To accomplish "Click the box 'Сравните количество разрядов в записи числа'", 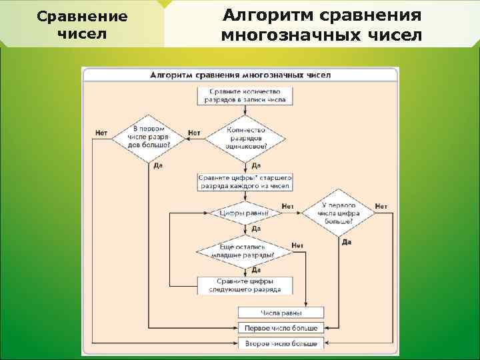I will (247, 95).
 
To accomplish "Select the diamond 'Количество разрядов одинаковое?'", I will (246, 139).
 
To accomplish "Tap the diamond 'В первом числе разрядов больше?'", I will (147, 137).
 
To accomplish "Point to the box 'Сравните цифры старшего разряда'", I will (245, 183).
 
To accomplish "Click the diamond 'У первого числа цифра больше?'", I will (339, 213).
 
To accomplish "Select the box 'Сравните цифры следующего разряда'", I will (245, 285).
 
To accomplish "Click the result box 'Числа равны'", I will (281, 313).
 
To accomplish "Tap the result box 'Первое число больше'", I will (281, 328).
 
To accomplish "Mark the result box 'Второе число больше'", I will (281, 343).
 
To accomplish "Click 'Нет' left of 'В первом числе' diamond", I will (101, 133).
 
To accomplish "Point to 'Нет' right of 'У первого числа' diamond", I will (381, 207).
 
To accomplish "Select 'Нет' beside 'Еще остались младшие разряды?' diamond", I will (297, 245).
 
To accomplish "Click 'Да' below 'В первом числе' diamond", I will (158, 165).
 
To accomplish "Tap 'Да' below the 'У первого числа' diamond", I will (347, 241).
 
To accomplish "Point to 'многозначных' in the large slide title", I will (292, 35).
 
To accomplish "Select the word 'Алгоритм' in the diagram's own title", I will (172, 75).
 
